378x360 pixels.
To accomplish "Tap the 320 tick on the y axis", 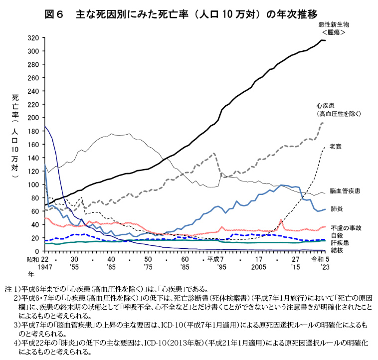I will (33, 38).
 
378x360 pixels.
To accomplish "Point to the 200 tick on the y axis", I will (33, 118).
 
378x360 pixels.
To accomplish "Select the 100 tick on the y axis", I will (33, 184).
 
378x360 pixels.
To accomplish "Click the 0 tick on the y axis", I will (37, 251).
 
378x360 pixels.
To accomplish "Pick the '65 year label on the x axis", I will (111, 267).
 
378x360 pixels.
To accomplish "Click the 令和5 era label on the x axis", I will (320, 260).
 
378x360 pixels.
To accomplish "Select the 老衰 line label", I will (336, 147).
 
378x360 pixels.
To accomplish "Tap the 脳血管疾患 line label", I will (345, 191).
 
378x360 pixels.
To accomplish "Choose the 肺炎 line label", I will (336, 208).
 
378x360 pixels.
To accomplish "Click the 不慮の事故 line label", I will (345, 227).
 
